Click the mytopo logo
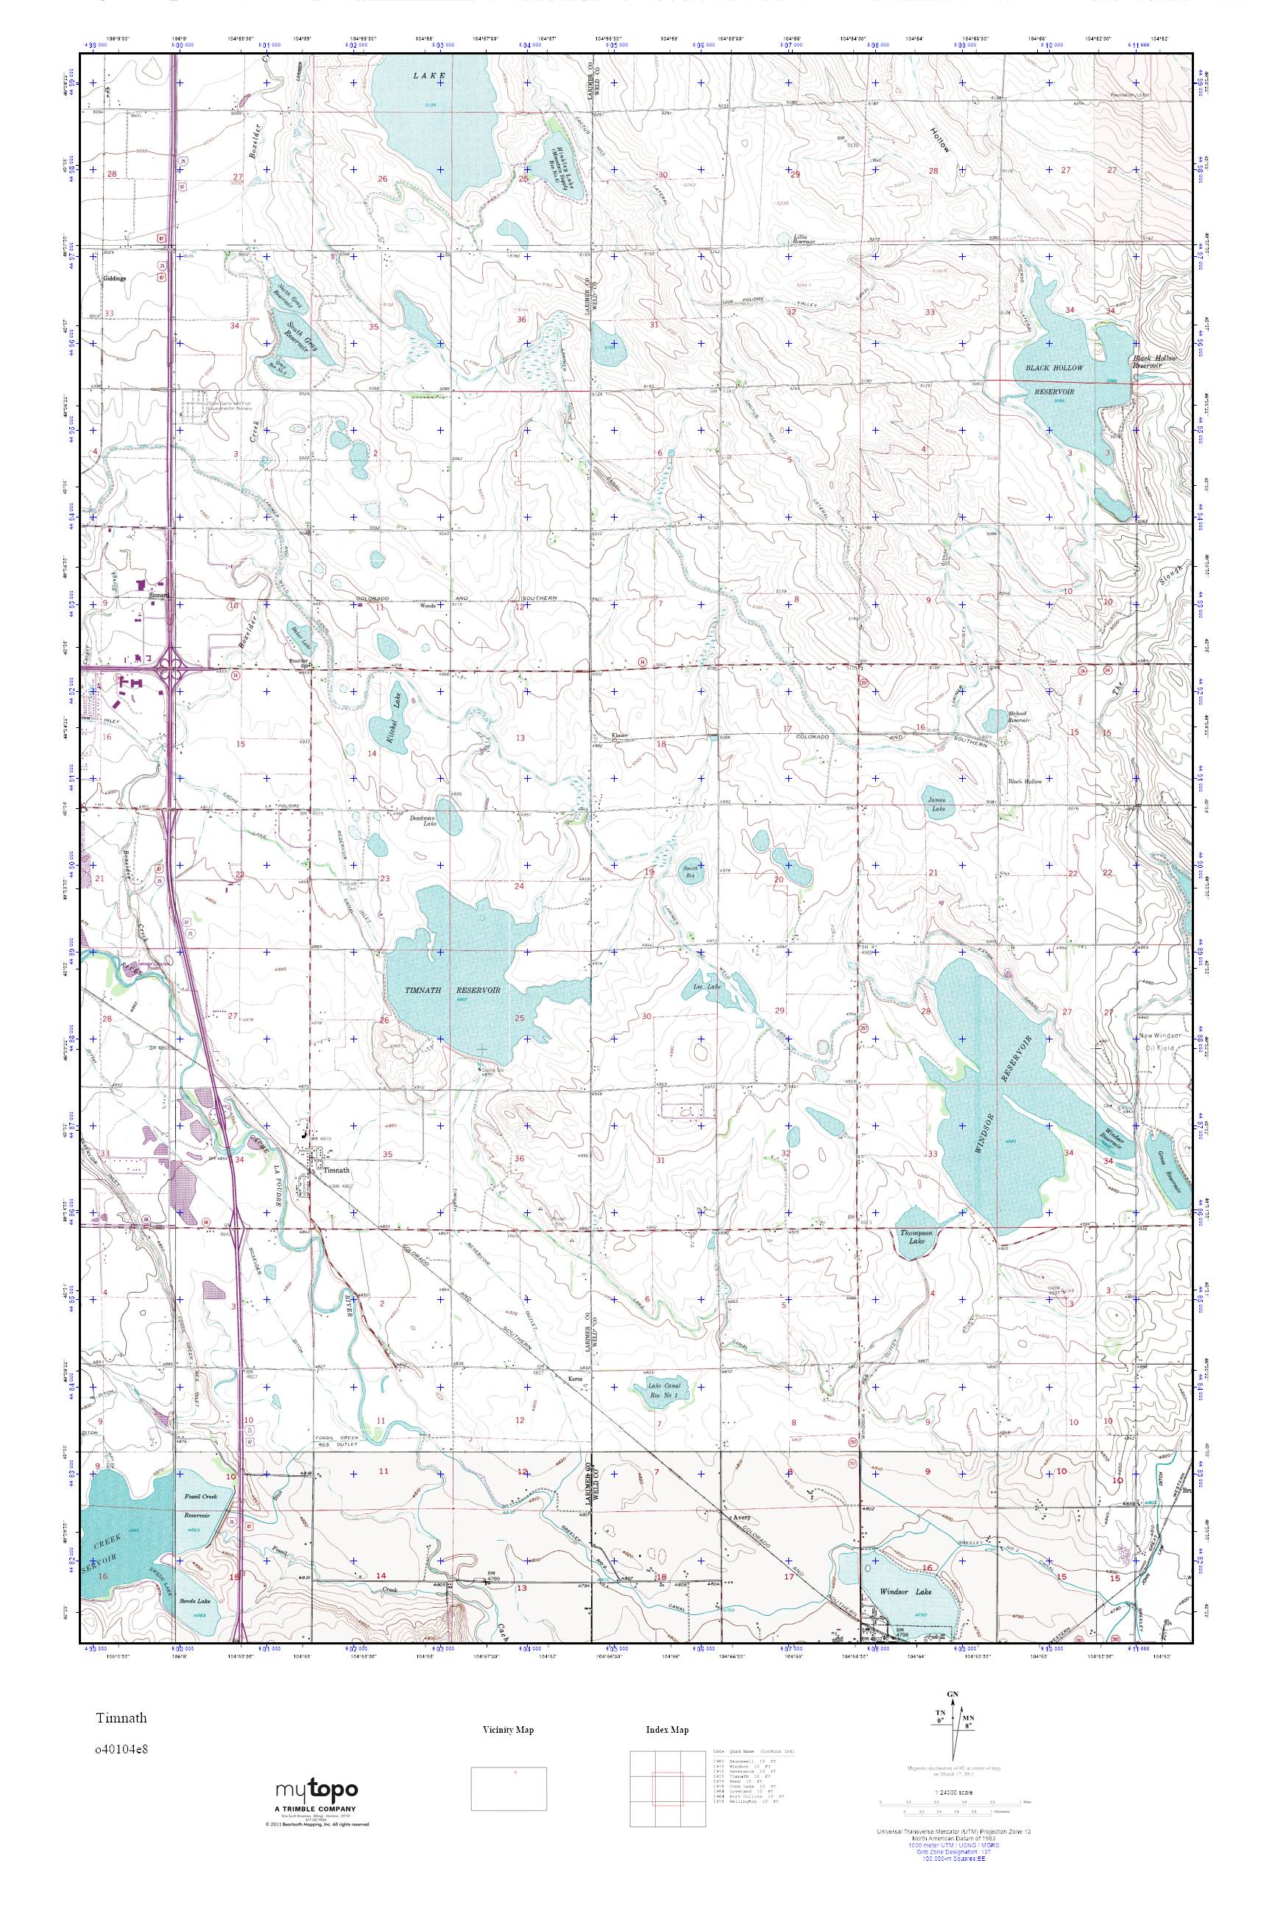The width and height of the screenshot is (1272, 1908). pos(317,1791)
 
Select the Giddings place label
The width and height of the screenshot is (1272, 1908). pos(115,278)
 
